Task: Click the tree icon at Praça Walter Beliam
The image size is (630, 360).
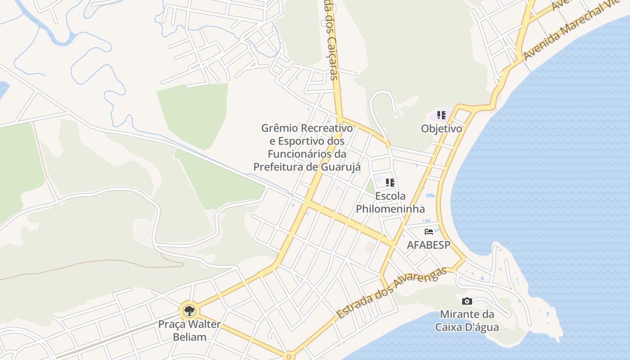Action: coord(189,310)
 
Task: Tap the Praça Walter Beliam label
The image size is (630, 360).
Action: coord(189,330)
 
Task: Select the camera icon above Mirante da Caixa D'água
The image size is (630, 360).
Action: coord(467,301)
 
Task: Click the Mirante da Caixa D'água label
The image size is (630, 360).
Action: coord(467,320)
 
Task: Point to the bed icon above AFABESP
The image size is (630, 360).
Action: coord(429,232)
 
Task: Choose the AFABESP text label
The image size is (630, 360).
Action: coord(429,245)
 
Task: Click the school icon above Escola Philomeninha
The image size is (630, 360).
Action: coord(390,183)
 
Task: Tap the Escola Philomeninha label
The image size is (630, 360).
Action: coord(390,202)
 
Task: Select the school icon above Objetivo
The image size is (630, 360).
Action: coord(441,115)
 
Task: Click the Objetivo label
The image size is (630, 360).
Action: coord(441,129)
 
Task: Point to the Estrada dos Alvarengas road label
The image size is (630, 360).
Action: coord(391,292)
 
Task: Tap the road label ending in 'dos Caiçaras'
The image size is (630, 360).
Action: coord(331,40)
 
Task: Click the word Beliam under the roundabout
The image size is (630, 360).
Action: coord(189,337)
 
